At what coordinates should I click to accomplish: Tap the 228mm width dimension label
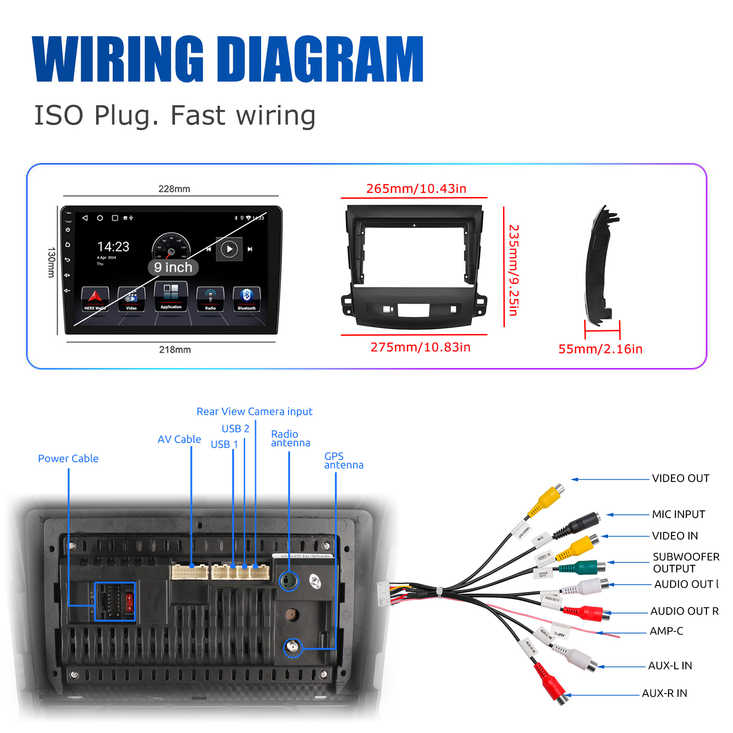[x=174, y=189]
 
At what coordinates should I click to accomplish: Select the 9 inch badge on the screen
[x=173, y=267]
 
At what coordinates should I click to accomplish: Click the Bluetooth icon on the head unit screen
[x=246, y=295]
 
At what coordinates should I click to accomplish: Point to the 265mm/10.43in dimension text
[x=416, y=189]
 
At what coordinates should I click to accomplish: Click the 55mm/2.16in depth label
[x=600, y=349]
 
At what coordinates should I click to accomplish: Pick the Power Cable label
[x=68, y=459]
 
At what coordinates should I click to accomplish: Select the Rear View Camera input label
[x=254, y=411]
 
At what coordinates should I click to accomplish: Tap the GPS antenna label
[x=344, y=460]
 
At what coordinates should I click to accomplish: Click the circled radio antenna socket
[x=289, y=581]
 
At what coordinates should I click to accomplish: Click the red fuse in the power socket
[x=129, y=602]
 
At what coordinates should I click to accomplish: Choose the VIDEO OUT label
[x=680, y=478]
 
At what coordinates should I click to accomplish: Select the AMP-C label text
[x=666, y=631]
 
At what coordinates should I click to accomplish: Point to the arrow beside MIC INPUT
[x=628, y=514]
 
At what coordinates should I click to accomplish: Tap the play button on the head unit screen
[x=229, y=249]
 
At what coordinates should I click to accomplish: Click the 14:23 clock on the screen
[x=113, y=247]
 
